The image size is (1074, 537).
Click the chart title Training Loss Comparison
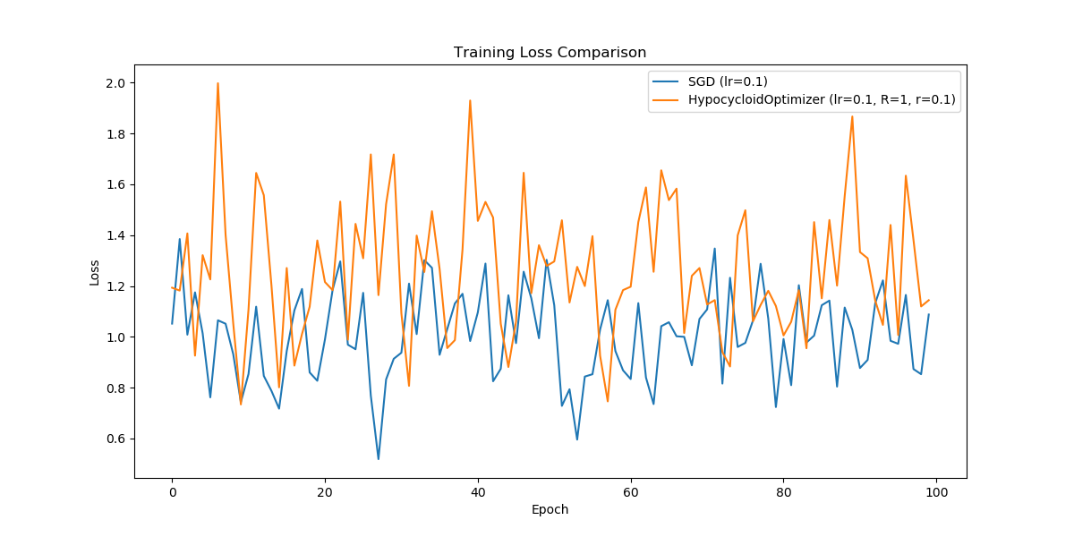550,52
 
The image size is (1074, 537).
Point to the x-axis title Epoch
550,510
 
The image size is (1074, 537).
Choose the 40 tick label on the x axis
478,492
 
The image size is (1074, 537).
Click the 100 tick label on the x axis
936,492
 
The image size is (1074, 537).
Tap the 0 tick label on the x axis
172,492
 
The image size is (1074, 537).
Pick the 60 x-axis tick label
631,492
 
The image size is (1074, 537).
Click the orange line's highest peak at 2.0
217,83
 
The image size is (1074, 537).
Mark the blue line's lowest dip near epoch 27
379,459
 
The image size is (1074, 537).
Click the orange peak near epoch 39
470,100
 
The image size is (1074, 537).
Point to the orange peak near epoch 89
852,116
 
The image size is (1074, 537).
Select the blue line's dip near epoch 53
577,439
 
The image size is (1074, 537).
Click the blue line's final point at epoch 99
929,314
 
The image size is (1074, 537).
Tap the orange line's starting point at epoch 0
172,287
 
